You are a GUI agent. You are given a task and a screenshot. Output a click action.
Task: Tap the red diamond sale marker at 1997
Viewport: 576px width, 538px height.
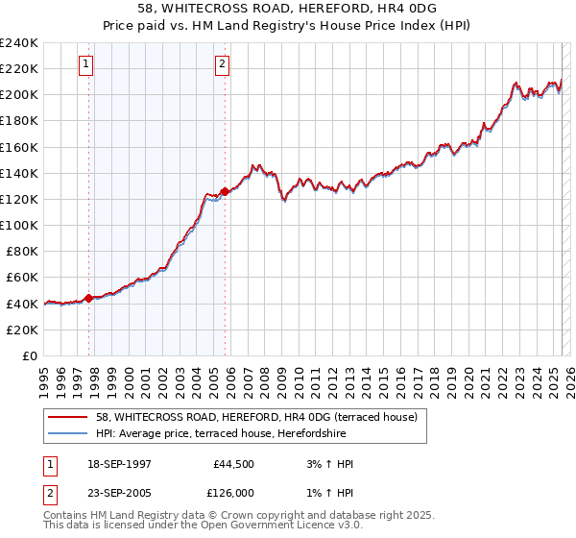coord(89,298)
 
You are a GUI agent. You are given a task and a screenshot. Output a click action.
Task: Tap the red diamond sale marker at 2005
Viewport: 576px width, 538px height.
coord(225,191)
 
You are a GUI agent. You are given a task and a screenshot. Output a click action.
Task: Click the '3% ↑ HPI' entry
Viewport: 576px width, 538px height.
coord(325,464)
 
